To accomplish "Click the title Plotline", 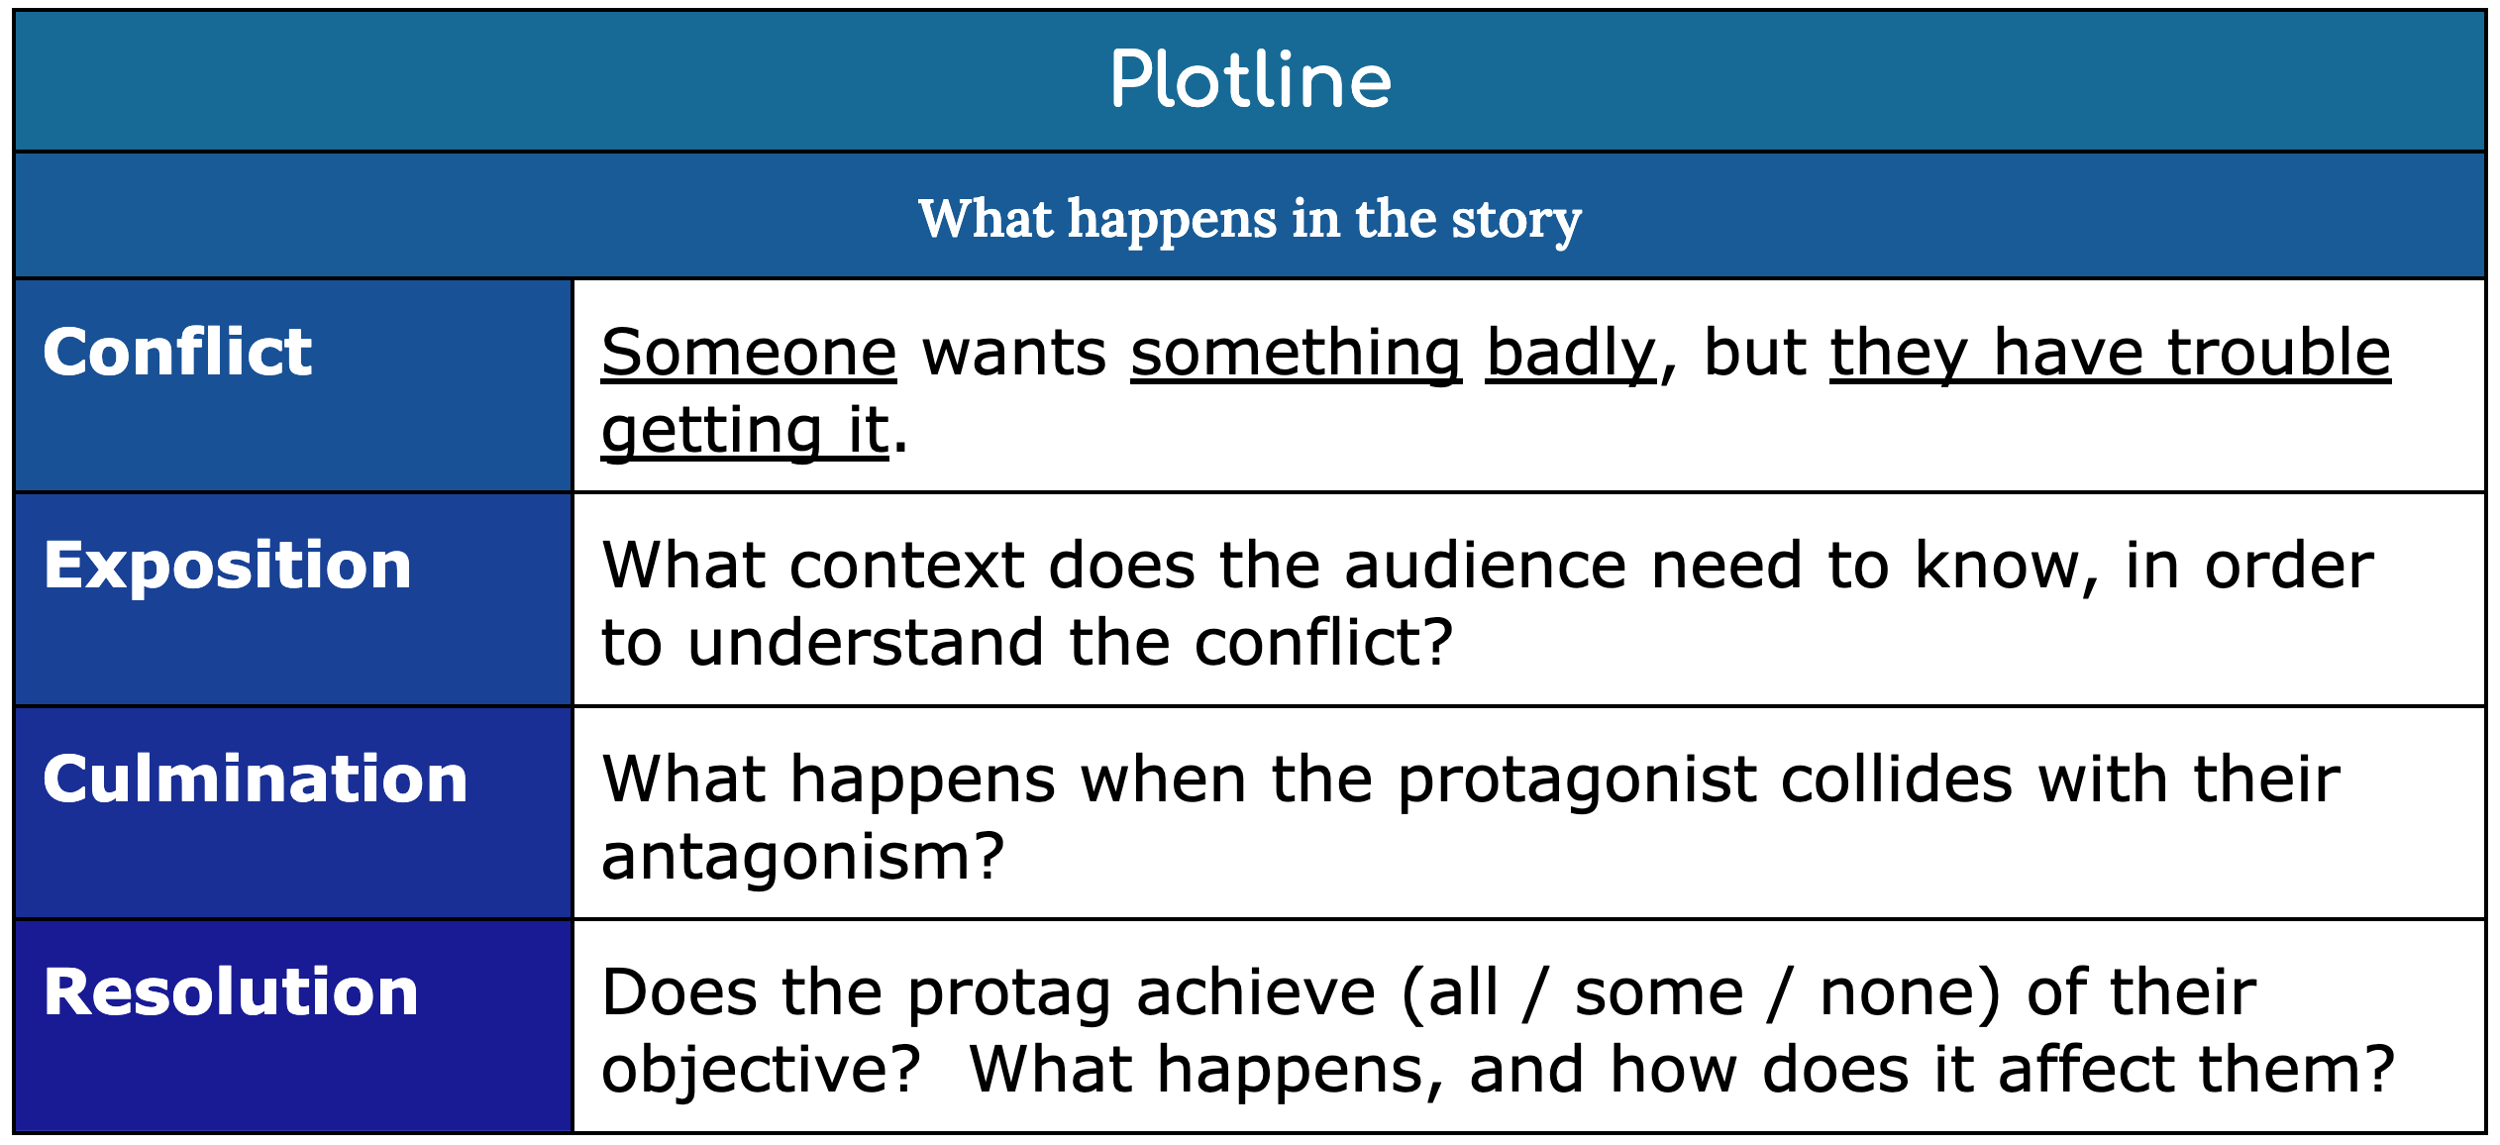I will (1250, 80).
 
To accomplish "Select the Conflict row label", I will (177, 353).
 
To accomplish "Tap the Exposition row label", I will (227, 566).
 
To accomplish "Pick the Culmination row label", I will (255, 780).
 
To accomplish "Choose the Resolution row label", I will (231, 992).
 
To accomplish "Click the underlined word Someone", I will (749, 353).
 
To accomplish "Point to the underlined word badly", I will (1571, 355).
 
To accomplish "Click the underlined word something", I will (1296, 355).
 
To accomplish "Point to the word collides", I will (1897, 780).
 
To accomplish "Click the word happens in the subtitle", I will (1172, 220).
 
